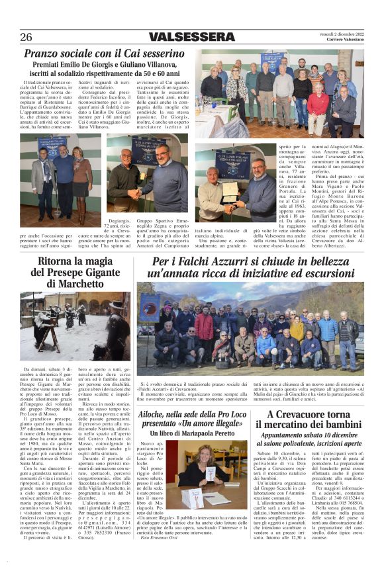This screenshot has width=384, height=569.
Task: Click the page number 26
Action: [x=26, y=36]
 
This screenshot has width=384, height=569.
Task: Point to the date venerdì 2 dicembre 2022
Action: [x=338, y=32]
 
